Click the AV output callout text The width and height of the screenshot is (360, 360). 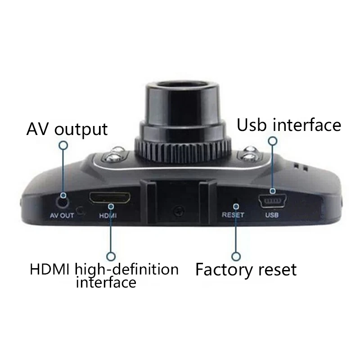[x=67, y=130]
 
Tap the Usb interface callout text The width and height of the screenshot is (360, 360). [x=289, y=125]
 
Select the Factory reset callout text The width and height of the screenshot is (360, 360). [x=246, y=270]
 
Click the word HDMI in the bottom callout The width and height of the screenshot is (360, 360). [x=49, y=269]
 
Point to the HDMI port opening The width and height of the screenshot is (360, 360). [x=110, y=198]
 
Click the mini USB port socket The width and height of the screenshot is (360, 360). [x=273, y=201]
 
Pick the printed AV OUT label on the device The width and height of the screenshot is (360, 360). [x=62, y=216]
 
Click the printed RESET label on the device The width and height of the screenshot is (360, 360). [x=233, y=215]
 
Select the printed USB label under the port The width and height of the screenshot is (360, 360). [x=272, y=215]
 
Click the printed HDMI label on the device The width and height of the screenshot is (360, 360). [x=108, y=216]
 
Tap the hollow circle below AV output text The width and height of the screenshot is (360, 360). [x=63, y=145]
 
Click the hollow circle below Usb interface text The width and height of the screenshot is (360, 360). [x=273, y=141]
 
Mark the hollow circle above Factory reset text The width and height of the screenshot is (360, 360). [x=236, y=256]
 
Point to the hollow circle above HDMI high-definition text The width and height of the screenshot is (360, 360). [x=111, y=256]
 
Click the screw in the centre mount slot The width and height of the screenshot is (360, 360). [x=179, y=211]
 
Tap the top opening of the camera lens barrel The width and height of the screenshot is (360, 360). [x=182, y=84]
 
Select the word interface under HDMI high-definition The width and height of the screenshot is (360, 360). [x=106, y=282]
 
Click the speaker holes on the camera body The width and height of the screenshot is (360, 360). [x=300, y=167]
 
